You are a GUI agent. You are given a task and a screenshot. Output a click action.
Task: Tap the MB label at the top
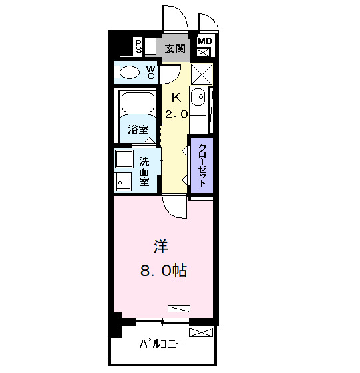(x=204, y=42)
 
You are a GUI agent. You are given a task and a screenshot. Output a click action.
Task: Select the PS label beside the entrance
(x=138, y=46)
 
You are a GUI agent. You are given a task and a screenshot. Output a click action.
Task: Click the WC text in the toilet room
(x=150, y=72)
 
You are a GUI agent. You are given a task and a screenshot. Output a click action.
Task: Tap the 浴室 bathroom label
(x=138, y=130)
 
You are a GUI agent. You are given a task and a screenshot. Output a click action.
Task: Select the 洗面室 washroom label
(x=144, y=170)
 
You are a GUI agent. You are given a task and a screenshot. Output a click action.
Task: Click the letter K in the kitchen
(x=176, y=97)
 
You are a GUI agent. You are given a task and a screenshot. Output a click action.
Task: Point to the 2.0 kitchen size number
(x=176, y=114)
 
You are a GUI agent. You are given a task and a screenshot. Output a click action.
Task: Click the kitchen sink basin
(x=198, y=99)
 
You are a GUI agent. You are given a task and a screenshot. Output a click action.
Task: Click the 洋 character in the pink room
(x=161, y=247)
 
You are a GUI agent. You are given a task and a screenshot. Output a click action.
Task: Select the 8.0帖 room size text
(x=162, y=270)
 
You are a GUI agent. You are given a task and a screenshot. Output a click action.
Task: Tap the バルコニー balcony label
(x=162, y=344)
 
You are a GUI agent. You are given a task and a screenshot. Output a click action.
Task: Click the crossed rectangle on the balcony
(x=202, y=332)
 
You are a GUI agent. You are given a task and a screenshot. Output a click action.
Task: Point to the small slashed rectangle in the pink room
(x=179, y=308)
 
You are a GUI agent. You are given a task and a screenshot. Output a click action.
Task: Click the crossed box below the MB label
(x=204, y=52)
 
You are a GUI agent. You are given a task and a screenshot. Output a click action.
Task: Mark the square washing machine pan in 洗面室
(x=124, y=160)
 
